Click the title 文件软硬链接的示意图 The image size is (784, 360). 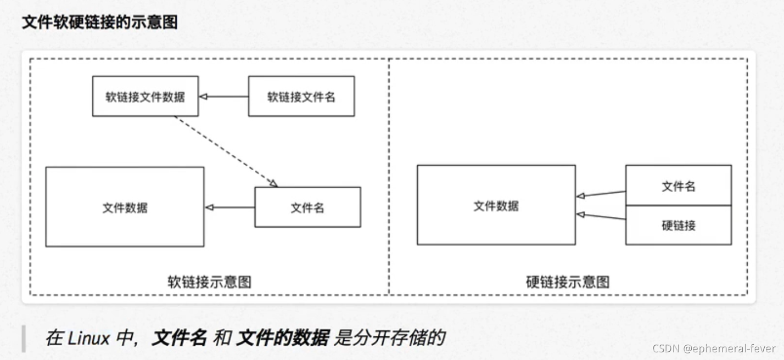point(99,22)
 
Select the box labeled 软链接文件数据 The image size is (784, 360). point(145,97)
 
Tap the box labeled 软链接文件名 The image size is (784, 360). point(301,97)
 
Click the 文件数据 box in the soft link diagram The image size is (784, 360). point(125,207)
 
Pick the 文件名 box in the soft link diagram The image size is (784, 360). point(307,207)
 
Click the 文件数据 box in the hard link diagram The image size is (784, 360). point(496,205)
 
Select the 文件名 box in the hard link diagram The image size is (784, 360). point(678,185)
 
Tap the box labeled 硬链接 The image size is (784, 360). point(678,225)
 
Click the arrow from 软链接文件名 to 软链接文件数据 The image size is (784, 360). point(223,97)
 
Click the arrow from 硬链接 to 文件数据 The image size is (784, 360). point(601,216)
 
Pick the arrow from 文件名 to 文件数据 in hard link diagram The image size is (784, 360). point(601,194)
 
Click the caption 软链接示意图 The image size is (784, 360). point(209,282)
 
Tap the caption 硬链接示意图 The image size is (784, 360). point(568,282)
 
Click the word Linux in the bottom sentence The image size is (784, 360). point(88,338)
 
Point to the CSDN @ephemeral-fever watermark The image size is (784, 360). point(714,348)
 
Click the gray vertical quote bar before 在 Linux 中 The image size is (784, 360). point(24,338)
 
